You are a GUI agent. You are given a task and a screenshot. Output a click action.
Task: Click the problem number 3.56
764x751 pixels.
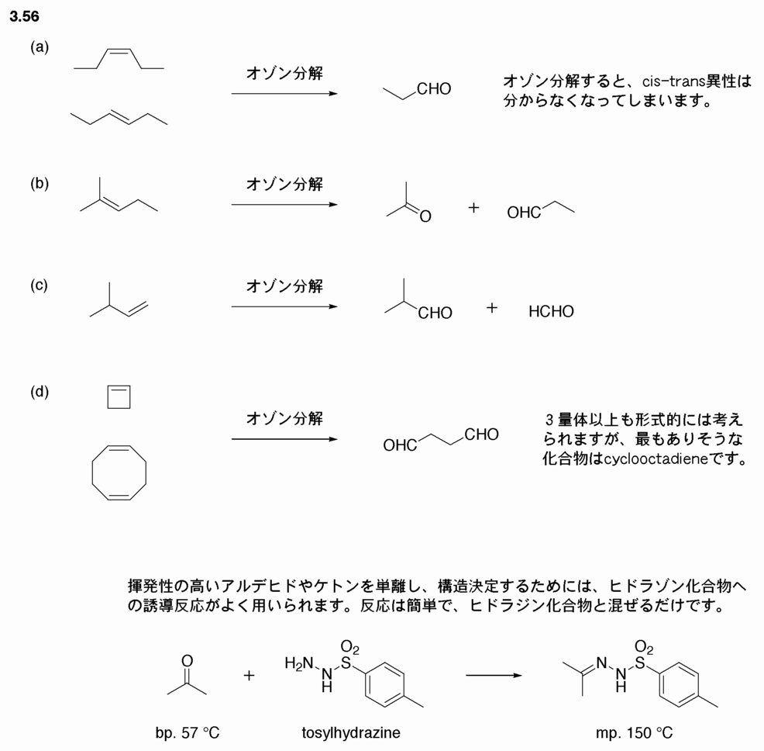click(x=24, y=16)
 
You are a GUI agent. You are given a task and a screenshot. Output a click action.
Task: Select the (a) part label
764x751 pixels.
click(x=40, y=47)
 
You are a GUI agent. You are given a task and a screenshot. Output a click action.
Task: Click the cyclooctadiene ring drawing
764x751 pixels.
click(x=92, y=472)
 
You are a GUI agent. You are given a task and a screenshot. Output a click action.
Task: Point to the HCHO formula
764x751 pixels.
click(x=551, y=311)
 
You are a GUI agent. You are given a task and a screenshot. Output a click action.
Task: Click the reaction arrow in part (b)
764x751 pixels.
click(x=284, y=205)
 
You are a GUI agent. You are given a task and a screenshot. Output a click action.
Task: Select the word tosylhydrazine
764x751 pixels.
click(x=351, y=732)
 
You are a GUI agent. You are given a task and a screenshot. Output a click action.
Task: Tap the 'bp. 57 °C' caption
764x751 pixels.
click(x=188, y=732)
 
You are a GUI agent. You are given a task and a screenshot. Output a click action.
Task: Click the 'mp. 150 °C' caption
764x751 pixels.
click(x=634, y=732)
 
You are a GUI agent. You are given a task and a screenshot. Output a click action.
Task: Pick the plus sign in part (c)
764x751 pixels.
click(x=491, y=307)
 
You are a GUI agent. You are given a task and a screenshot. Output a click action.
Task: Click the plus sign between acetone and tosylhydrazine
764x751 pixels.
click(x=249, y=676)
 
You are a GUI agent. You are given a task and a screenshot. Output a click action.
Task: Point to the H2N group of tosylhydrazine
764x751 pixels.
click(x=299, y=663)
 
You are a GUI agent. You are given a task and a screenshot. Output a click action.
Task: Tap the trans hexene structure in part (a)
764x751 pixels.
click(x=119, y=118)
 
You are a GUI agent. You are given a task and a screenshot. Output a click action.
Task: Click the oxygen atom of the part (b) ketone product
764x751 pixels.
click(x=425, y=216)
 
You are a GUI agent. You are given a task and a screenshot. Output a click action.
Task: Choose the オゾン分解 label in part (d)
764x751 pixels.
click(x=284, y=418)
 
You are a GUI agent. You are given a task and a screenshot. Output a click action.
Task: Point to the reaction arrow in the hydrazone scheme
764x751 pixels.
click(x=494, y=676)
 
